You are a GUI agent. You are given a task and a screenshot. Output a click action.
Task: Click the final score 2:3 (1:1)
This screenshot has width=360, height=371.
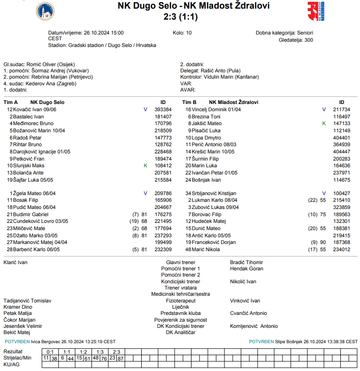tap(180, 17)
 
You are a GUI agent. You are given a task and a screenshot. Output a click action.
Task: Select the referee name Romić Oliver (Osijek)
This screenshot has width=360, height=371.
tap(53, 64)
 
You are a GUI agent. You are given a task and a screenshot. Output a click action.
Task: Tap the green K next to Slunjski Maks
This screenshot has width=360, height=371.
tap(146, 165)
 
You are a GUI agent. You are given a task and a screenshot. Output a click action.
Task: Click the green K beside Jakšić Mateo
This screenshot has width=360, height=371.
tap(324, 123)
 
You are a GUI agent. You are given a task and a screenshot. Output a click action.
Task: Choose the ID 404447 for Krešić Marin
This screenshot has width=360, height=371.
tap(341, 151)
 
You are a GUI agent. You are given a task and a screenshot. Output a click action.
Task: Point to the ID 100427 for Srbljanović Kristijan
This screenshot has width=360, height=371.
tap(341, 193)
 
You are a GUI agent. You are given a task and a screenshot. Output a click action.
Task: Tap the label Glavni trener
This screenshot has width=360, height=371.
tap(180, 263)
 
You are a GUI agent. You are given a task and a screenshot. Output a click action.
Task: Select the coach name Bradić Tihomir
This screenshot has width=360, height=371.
tap(247, 263)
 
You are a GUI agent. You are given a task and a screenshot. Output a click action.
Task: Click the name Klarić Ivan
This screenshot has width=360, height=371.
tap(15, 263)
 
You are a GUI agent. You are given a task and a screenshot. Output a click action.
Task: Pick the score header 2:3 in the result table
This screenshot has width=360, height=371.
tap(116, 352)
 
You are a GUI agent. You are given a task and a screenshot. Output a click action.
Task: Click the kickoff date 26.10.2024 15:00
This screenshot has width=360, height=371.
tap(103, 33)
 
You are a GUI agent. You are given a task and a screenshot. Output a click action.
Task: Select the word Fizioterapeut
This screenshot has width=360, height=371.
tap(180, 301)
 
